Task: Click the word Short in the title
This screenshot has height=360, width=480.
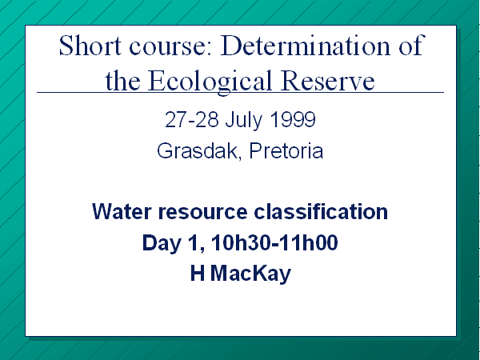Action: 90,45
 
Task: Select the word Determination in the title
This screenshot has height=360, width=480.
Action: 306,45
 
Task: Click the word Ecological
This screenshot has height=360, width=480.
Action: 210,81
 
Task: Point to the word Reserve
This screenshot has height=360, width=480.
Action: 328,80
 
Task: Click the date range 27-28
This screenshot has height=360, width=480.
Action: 192,119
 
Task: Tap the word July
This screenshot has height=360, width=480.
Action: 244,121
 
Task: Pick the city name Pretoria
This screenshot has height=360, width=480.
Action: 286,150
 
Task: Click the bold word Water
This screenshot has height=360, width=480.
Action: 122,211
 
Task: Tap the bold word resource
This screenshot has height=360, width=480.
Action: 202,213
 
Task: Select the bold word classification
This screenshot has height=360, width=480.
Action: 321,211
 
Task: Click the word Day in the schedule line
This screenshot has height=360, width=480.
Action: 161,244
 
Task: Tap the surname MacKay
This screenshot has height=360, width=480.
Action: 250,274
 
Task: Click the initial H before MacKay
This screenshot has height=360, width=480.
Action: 198,273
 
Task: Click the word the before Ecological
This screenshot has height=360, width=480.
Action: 122,80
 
